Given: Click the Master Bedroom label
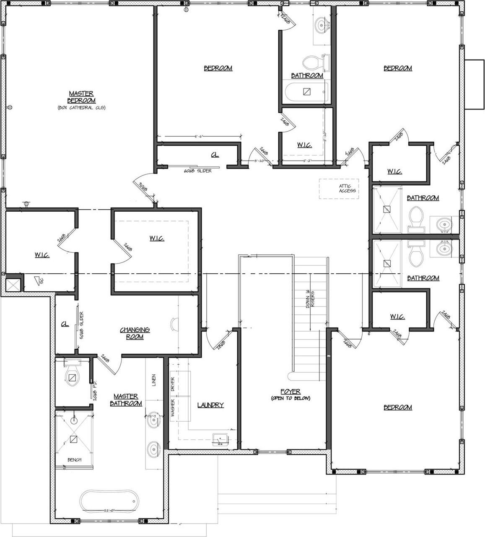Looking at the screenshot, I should [x=81, y=97].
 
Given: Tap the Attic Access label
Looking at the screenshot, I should [x=348, y=188].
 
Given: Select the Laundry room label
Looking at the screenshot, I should [x=210, y=405].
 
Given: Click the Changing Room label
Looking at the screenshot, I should [x=135, y=333].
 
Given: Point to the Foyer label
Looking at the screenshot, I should [x=290, y=392].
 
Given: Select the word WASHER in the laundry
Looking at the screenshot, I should [x=172, y=408].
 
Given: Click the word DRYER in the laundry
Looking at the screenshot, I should [x=172, y=384].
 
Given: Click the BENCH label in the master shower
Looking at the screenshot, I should [x=74, y=460].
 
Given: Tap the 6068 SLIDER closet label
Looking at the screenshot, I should [x=198, y=171].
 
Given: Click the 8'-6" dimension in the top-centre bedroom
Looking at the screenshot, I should [x=200, y=136].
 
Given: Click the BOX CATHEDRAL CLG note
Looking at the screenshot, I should [x=81, y=108].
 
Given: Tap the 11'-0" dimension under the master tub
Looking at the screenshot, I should [x=109, y=510].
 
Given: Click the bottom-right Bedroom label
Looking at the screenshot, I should [x=397, y=407].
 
